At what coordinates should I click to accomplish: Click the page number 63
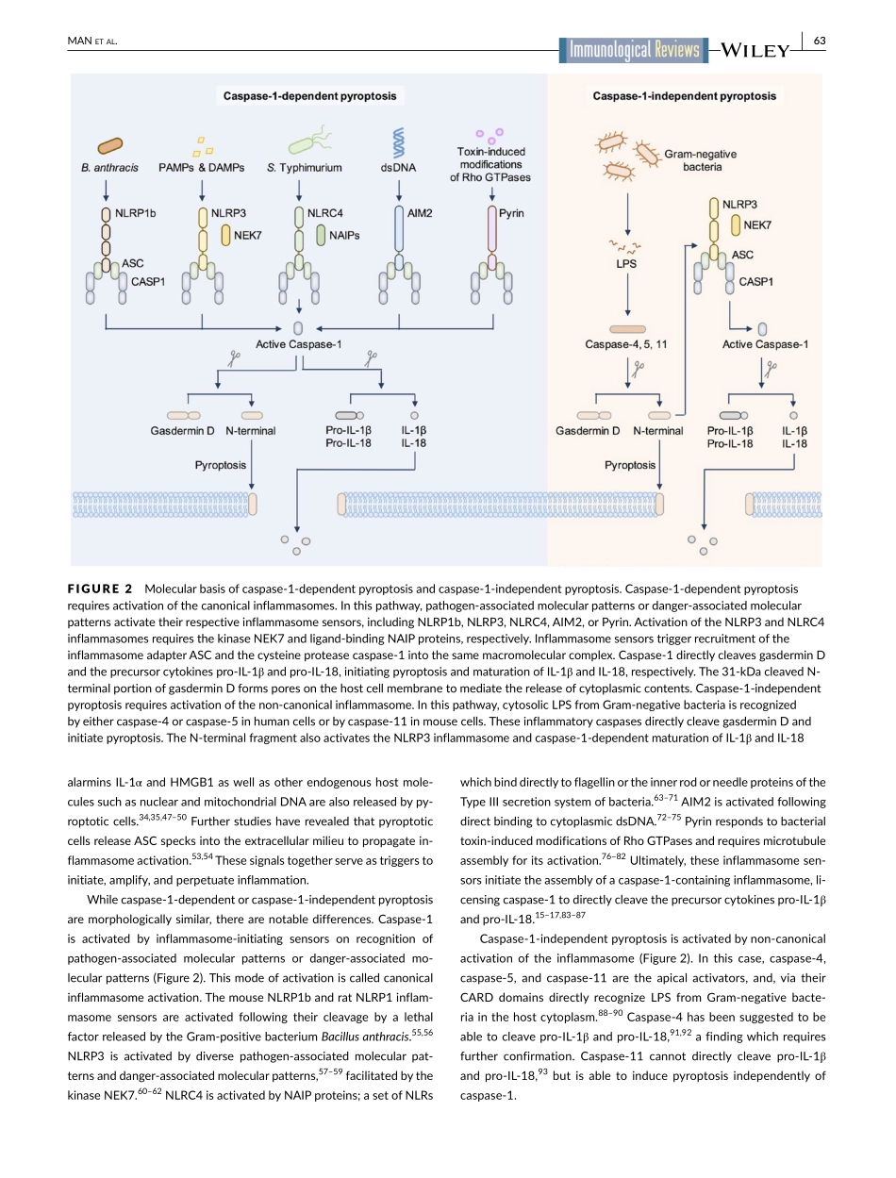(819, 41)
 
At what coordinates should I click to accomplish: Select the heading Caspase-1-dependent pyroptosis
(309, 95)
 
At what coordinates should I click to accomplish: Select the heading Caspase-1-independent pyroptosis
(684, 95)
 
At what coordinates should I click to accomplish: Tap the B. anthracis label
(109, 168)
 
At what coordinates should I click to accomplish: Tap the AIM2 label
(420, 213)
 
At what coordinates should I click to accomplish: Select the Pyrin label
(512, 213)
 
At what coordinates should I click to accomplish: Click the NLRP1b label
(135, 213)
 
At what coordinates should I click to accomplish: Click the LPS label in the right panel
(626, 263)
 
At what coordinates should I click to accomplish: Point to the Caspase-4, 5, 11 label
(626, 344)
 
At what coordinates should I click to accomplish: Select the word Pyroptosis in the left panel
(221, 464)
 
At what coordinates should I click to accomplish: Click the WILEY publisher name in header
(755, 52)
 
